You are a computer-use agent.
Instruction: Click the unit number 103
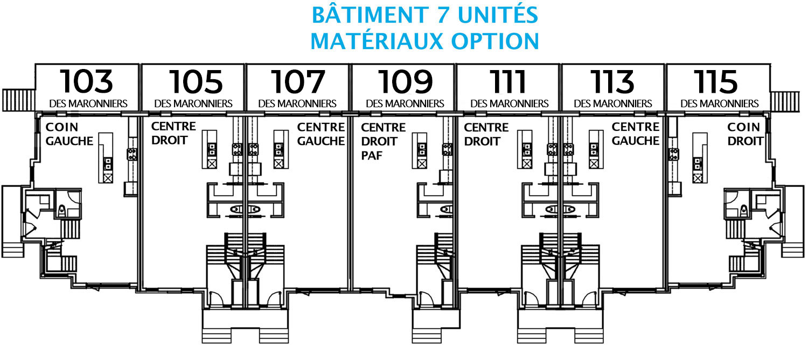[x=87, y=81]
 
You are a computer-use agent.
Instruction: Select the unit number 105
[x=196, y=81]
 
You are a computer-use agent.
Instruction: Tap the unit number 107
[x=298, y=81]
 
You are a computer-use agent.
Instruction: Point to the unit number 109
[x=405, y=81]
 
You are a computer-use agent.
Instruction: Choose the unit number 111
[x=507, y=81]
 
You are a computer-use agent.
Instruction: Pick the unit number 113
[x=612, y=81]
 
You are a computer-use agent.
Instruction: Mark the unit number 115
[x=716, y=81]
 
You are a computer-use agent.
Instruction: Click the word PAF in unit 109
[x=372, y=156]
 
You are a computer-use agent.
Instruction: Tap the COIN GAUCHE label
[x=69, y=134]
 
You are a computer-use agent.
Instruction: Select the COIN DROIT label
[x=745, y=134]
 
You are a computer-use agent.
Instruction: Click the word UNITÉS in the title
[x=498, y=15]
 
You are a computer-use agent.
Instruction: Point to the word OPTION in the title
[x=495, y=41]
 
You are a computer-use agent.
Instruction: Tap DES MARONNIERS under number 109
[x=405, y=104]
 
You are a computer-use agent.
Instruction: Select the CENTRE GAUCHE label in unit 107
[x=321, y=134]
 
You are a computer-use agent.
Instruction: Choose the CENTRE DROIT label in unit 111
[x=486, y=134]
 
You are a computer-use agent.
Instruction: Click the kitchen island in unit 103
[x=106, y=158]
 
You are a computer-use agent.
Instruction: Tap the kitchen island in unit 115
[x=700, y=158]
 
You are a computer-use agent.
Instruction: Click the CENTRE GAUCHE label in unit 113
[x=636, y=134]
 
